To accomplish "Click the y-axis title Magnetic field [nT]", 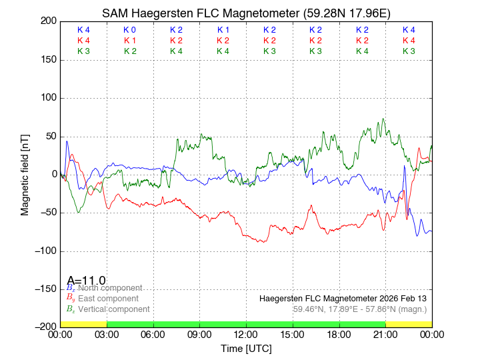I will pos(25,173).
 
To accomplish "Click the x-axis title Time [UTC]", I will pos(246,349).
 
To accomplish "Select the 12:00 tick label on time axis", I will pos(246,335).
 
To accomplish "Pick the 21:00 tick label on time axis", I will pos(385,335).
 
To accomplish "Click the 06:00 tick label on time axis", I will pos(153,335).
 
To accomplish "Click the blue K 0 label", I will pos(130,30).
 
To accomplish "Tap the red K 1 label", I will pos(130,41).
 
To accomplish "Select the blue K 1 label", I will pos(223,30).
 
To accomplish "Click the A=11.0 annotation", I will pos(86,281).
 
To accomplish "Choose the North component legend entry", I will pos(107,288).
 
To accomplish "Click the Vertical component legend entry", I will pos(111,309).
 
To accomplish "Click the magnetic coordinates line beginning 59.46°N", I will pos(359,309).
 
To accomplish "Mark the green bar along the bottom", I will pos(246,324).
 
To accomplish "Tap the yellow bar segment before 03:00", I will pos(83,324).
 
